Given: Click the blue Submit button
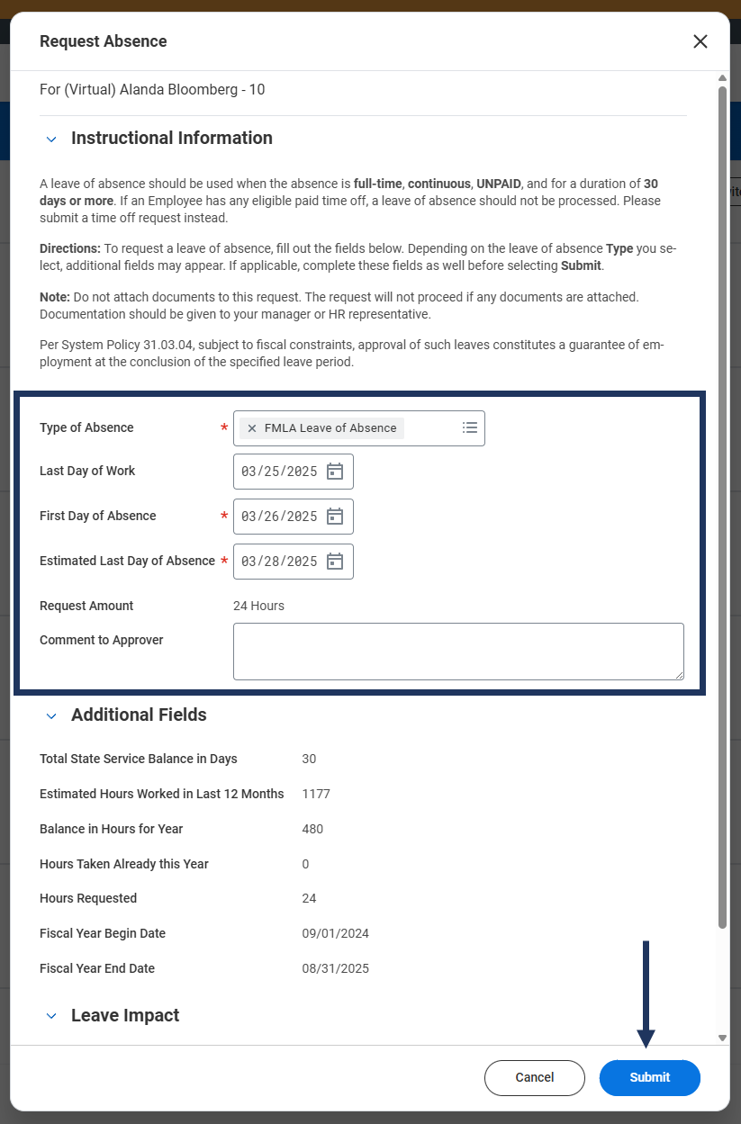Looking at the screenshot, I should pyautogui.click(x=649, y=1077).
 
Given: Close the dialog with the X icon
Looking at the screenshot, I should pyautogui.click(x=700, y=41).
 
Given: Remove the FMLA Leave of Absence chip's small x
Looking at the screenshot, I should pyautogui.click(x=252, y=428).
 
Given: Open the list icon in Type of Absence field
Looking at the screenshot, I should pyautogui.click(x=470, y=428).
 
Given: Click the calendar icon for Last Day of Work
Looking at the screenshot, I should pyautogui.click(x=335, y=472).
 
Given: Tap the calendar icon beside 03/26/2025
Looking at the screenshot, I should pyautogui.click(x=335, y=517).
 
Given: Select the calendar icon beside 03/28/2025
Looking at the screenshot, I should pyautogui.click(x=335, y=562).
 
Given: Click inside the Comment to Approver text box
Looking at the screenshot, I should pyautogui.click(x=457, y=651).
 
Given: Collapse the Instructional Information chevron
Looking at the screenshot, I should pyautogui.click(x=51, y=139).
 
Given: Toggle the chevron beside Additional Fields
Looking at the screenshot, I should pyautogui.click(x=51, y=716).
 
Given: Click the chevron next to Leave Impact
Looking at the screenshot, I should pyautogui.click(x=51, y=1017).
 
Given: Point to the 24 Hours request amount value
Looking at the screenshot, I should pyautogui.click(x=258, y=606).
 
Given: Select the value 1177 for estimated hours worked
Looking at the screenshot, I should pyautogui.click(x=316, y=794).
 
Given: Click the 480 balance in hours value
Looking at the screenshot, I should pyautogui.click(x=312, y=829).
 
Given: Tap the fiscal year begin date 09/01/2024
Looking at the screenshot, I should pyautogui.click(x=335, y=933).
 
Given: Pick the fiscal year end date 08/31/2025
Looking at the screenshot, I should pyautogui.click(x=335, y=968).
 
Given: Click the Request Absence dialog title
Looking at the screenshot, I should pyautogui.click(x=104, y=41).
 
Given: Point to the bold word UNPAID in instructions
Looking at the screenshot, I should pyautogui.click(x=499, y=184).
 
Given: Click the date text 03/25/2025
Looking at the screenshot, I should pyautogui.click(x=279, y=472).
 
